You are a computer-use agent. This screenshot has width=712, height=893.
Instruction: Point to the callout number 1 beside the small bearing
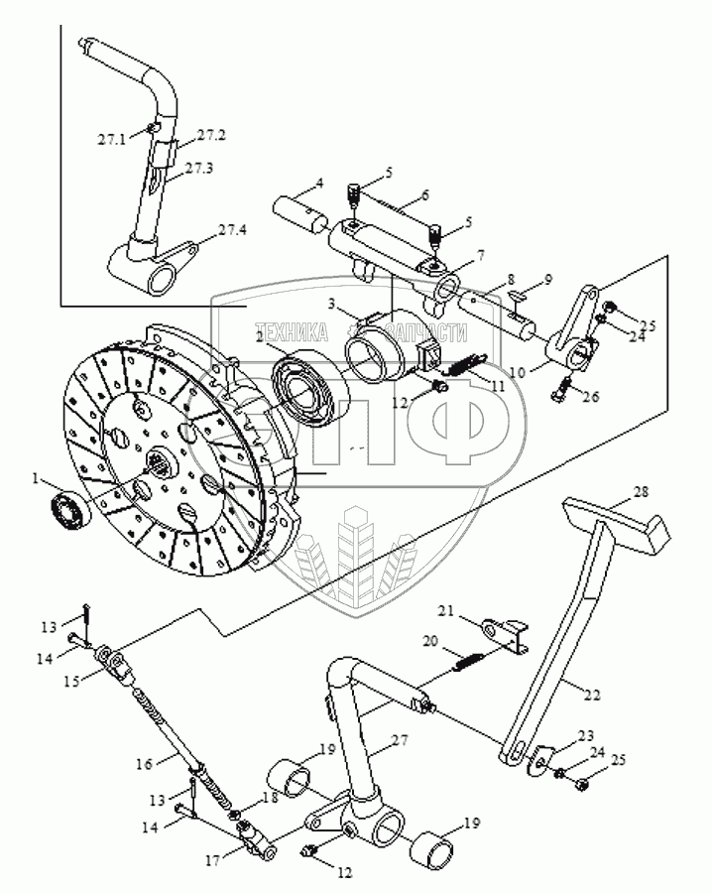pyautogui.click(x=36, y=479)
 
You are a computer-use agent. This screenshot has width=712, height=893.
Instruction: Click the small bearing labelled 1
pyautogui.click(x=68, y=508)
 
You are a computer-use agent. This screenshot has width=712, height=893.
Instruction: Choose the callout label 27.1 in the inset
pyautogui.click(x=111, y=140)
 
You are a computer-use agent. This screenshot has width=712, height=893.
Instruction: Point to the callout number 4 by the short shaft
pyautogui.click(x=320, y=183)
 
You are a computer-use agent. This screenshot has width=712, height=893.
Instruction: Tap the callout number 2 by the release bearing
pyautogui.click(x=260, y=336)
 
